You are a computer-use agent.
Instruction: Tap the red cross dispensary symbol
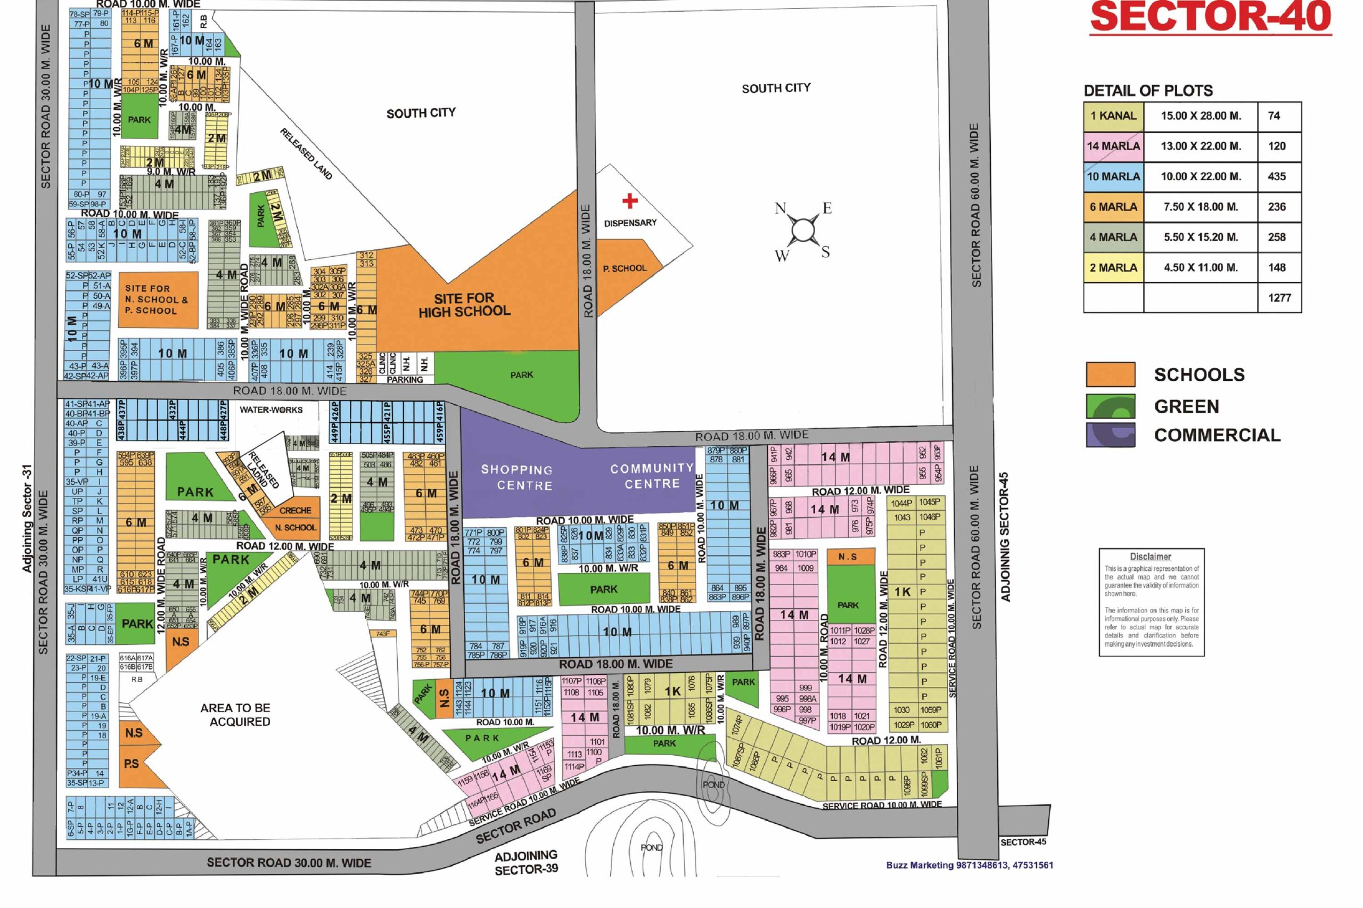click(630, 200)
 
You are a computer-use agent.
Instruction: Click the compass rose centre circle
click(803, 230)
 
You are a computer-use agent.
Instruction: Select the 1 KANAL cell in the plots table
click(1113, 116)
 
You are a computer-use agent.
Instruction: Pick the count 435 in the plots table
click(1276, 177)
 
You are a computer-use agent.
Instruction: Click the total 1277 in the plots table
click(1279, 298)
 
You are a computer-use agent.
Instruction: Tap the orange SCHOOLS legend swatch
click(1110, 374)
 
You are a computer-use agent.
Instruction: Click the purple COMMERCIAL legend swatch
click(1110, 435)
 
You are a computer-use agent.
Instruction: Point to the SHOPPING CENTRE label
click(517, 477)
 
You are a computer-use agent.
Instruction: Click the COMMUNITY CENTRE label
click(652, 476)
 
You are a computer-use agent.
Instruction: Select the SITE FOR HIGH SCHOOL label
click(464, 305)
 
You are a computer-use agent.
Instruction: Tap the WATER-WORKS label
click(271, 410)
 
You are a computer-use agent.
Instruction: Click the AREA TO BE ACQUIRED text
click(235, 715)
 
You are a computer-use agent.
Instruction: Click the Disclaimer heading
click(1150, 557)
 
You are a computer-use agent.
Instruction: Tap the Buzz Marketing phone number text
click(970, 865)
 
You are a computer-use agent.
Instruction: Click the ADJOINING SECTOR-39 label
click(526, 862)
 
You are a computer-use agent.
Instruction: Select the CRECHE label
click(295, 511)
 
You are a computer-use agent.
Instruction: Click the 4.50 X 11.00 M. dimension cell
click(1201, 267)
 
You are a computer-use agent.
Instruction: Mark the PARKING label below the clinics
click(405, 380)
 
